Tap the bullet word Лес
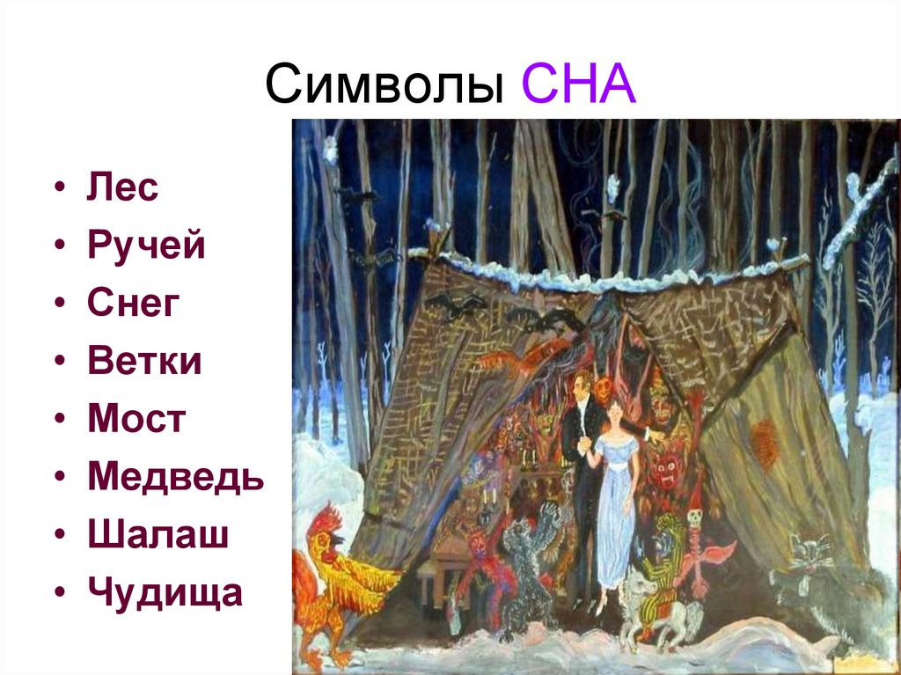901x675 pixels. coord(122,187)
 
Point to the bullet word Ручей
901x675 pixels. coord(146,246)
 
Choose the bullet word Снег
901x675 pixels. coord(134,304)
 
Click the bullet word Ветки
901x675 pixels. coord(144,361)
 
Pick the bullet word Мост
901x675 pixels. coord(136,419)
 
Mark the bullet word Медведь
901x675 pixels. coord(175,477)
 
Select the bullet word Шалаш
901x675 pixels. coord(157,535)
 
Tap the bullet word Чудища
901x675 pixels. coord(165,594)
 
